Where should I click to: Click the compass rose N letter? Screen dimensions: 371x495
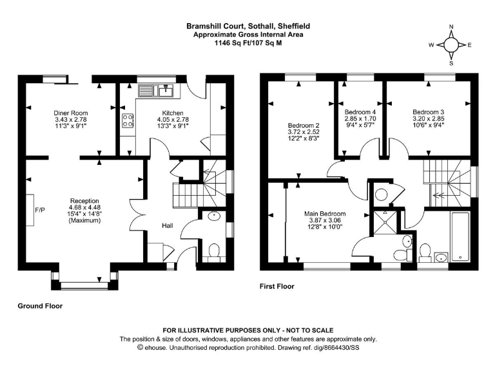[451, 26]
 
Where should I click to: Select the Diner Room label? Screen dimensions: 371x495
[70, 113]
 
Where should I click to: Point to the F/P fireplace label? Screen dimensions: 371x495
[39, 209]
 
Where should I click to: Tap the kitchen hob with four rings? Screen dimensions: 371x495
[128, 120]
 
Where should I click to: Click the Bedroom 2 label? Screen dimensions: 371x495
[304, 125]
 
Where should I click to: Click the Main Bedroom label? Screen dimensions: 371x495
[325, 214]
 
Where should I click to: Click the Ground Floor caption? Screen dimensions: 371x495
[40, 307]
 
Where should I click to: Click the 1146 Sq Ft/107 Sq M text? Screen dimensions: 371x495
[248, 43]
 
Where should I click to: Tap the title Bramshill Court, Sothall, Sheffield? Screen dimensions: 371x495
[248, 26]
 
